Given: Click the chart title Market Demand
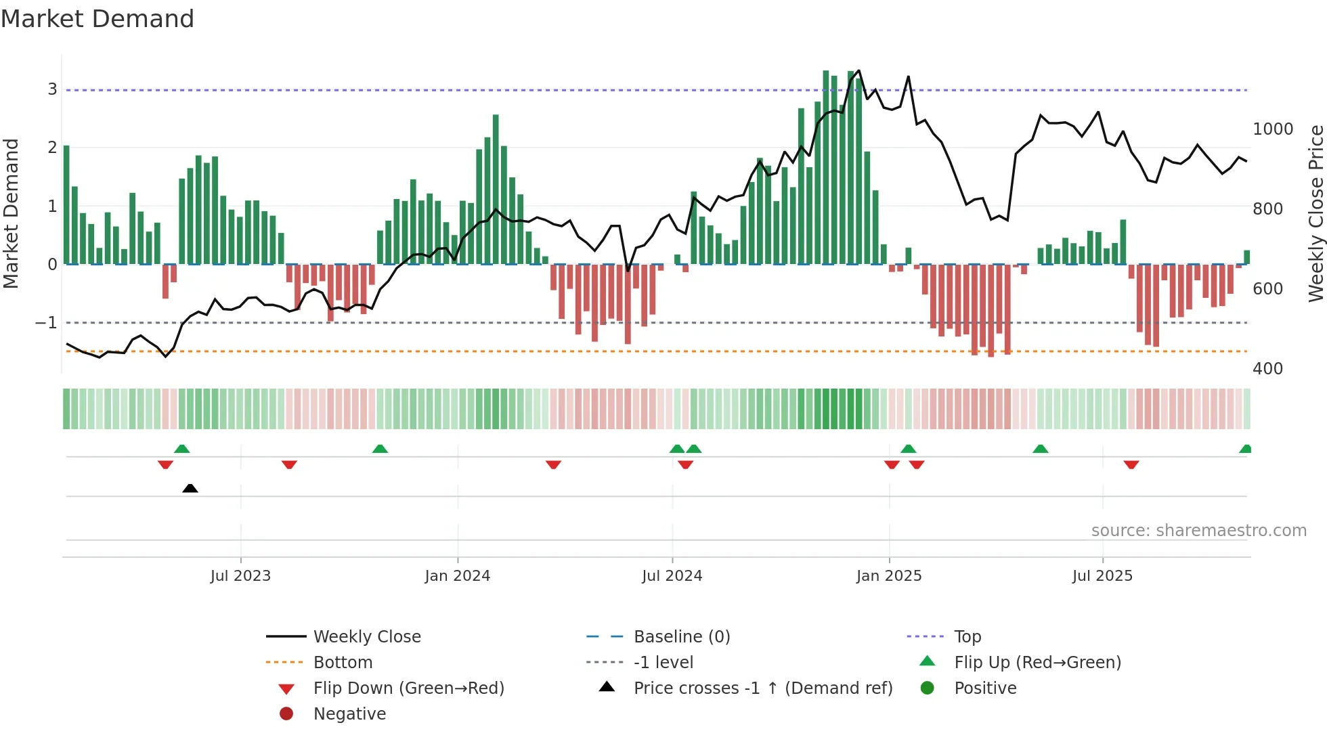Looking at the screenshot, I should click(97, 19).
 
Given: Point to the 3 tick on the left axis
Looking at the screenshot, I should click(52, 89).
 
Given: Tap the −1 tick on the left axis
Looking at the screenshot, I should click(47, 323).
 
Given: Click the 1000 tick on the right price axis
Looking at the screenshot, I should click(1273, 129).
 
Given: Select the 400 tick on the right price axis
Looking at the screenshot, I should click(1267, 369).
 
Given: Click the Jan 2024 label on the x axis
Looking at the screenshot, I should click(457, 576).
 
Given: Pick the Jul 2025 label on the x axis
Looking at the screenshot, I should click(1102, 576).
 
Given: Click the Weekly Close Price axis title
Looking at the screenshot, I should click(1315, 213).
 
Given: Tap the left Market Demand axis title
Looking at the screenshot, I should click(11, 213).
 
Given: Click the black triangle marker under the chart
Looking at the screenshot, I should click(190, 488).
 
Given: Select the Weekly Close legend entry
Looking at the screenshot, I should click(366, 637).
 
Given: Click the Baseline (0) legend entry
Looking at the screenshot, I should click(681, 637).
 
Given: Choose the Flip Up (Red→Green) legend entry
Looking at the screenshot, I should click(1037, 663).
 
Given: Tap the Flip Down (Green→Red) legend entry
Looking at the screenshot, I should click(408, 688).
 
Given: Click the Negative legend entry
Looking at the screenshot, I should click(349, 714).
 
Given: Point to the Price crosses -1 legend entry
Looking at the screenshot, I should click(762, 688).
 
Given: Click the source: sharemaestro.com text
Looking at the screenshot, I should click(1198, 531).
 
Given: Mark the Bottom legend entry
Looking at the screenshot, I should click(343, 663).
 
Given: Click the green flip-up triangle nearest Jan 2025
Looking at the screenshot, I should click(909, 449).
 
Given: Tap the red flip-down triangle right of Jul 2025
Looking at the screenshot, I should click(1131, 464).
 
